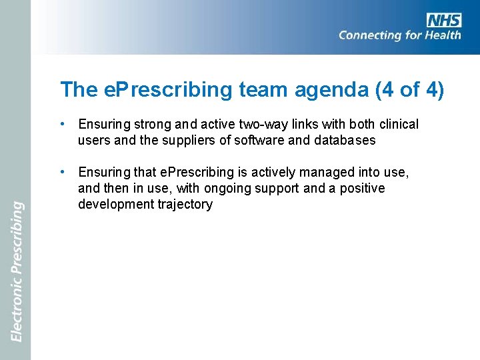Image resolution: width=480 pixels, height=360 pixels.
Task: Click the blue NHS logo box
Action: coord(444,20)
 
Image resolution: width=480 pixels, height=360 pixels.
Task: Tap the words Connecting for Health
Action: coord(399,35)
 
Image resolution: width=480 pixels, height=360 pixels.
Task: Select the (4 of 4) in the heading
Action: coord(409,89)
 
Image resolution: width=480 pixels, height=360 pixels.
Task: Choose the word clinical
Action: coord(397,125)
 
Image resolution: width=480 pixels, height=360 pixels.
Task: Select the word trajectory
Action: coord(184,205)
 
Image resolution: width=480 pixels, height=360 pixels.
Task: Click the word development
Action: coord(115,205)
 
